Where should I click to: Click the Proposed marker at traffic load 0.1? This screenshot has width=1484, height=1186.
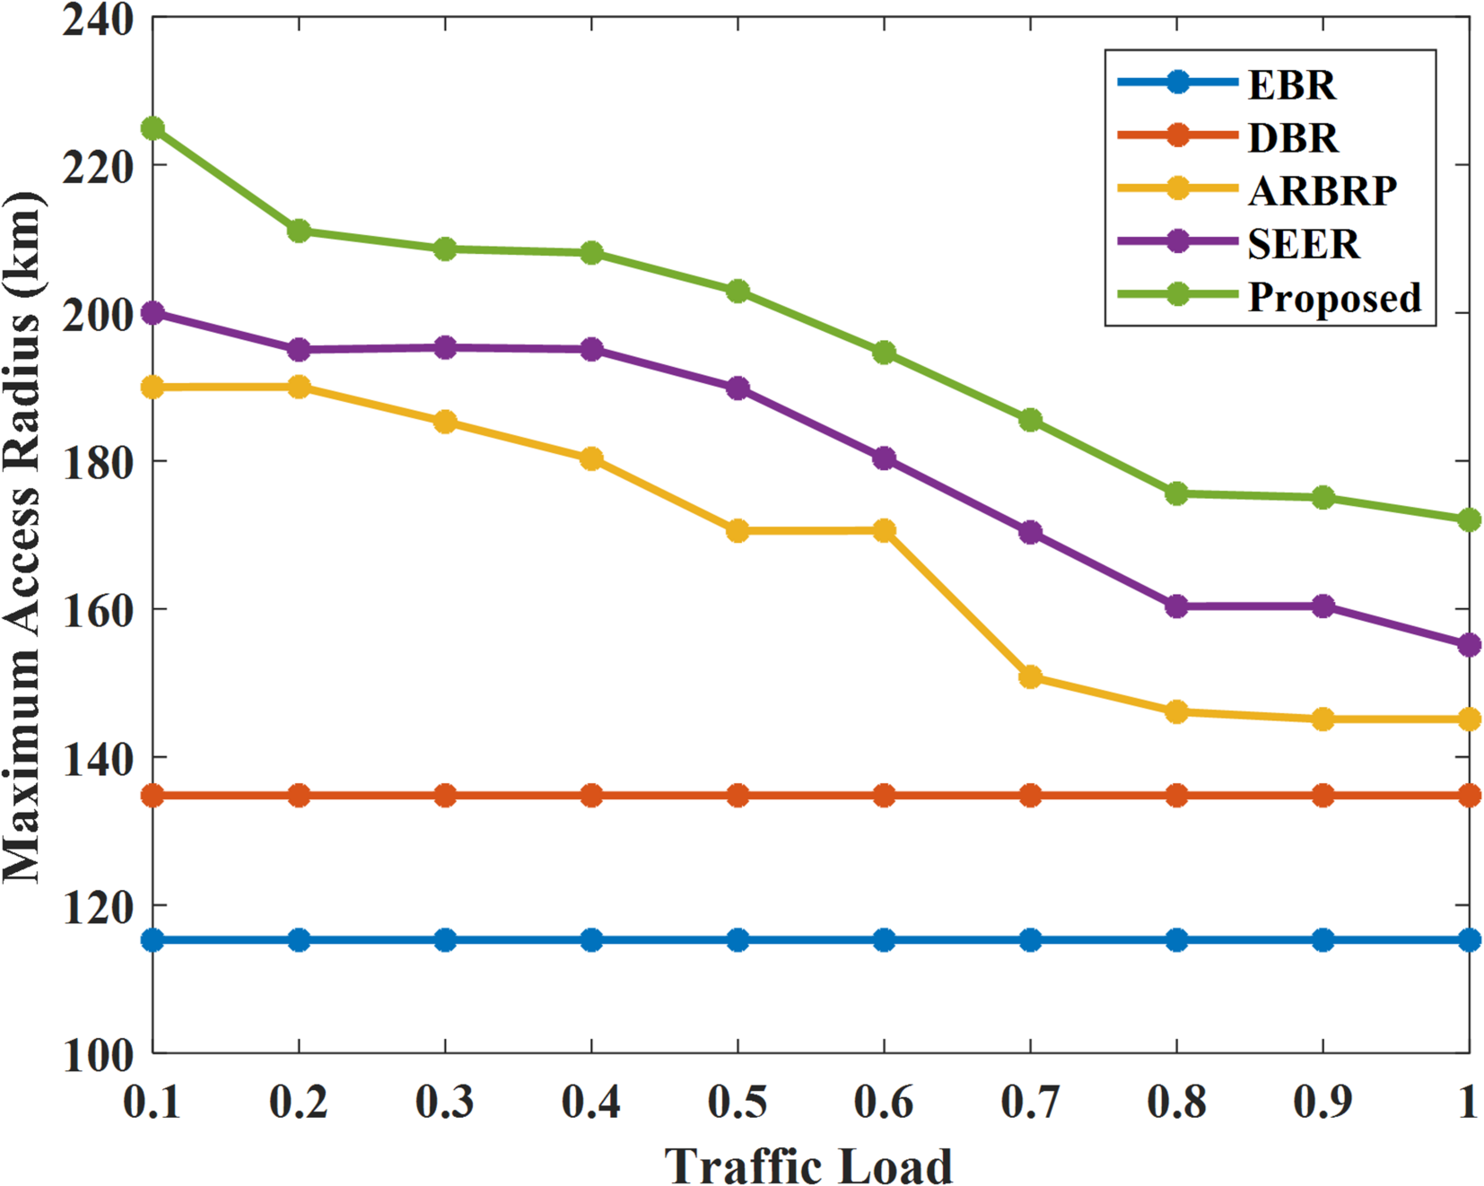[x=153, y=128]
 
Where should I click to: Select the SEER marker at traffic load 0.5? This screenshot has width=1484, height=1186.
[x=738, y=388]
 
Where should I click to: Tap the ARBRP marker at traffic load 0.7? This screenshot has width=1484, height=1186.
[x=1030, y=677]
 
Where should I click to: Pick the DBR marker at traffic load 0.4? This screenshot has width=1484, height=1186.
[x=591, y=795]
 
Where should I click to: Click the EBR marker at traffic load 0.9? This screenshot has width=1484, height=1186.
[x=1323, y=940]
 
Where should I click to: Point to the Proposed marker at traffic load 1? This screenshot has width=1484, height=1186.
[x=1468, y=520]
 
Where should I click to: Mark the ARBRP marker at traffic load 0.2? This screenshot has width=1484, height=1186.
[x=299, y=388]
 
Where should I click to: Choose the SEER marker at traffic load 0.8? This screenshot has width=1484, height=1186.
[x=1176, y=606]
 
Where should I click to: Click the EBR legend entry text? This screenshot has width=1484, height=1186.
[x=1291, y=85]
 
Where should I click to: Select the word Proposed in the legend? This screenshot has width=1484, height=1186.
[x=1334, y=298]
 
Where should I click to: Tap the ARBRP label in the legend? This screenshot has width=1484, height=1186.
[x=1322, y=191]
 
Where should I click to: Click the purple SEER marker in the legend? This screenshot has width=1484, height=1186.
[x=1177, y=242]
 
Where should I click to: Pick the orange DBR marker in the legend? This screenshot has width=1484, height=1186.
[x=1177, y=135]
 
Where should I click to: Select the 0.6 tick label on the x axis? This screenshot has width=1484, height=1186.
[x=884, y=1103]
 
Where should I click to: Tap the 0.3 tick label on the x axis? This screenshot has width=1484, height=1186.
[x=445, y=1103]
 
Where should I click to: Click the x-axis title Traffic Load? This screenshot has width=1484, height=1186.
[x=808, y=1165]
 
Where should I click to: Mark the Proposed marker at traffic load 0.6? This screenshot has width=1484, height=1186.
[x=884, y=353]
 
